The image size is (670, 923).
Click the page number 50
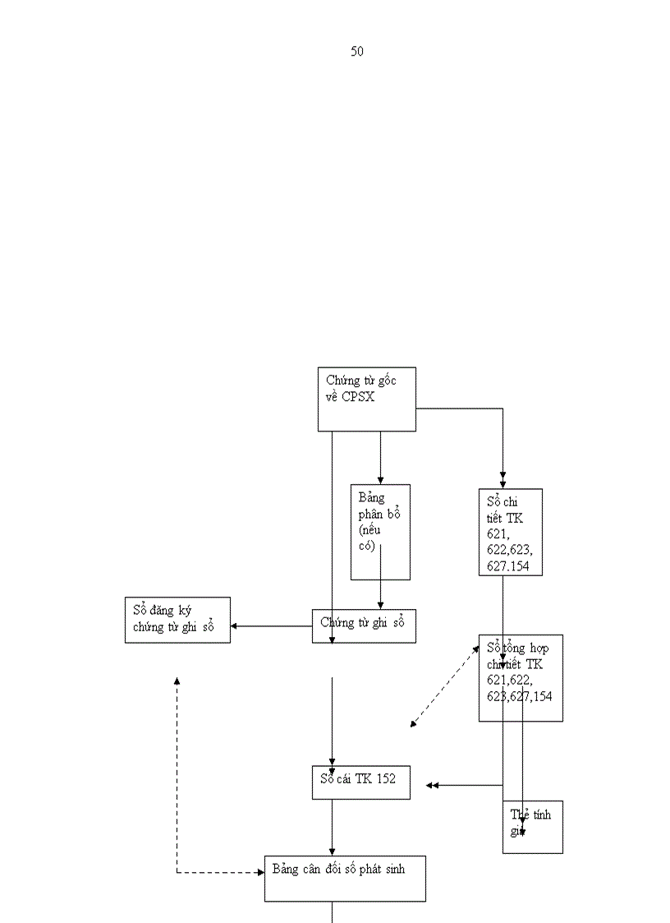357,52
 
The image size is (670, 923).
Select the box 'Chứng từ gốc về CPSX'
366,399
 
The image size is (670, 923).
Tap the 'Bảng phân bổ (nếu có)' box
380,532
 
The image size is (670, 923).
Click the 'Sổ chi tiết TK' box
510,532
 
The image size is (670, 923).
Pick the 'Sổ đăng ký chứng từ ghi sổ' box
177,620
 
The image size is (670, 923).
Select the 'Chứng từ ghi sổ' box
364,625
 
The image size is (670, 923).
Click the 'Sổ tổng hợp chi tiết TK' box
521,677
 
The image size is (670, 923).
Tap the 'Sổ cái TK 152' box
360,781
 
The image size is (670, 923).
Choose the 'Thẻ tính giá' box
532,827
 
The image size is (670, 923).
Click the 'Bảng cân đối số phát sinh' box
344,879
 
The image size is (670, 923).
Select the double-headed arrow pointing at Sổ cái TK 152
432,786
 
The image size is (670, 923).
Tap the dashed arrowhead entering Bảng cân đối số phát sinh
259,872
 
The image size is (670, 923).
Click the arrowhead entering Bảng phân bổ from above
380,480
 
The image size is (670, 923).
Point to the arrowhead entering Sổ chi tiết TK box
502,484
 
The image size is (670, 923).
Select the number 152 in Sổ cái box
386,778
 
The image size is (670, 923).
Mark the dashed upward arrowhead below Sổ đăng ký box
177,681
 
